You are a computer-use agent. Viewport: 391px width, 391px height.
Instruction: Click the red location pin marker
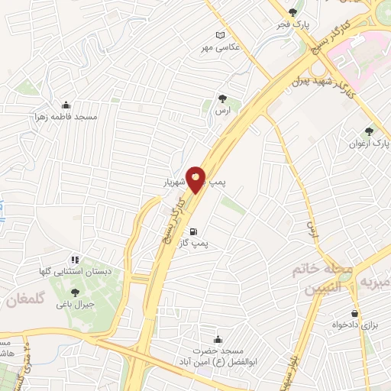point(195,179)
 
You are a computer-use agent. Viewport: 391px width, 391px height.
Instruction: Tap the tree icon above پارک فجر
point(293,11)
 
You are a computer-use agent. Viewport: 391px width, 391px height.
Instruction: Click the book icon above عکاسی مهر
point(221,35)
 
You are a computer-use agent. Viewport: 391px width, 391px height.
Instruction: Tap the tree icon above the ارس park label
point(222,99)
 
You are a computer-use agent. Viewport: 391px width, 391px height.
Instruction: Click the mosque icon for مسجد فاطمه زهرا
point(66,105)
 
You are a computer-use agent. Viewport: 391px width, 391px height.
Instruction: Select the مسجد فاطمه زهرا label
point(66,118)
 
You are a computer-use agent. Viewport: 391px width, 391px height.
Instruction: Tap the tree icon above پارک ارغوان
point(370,131)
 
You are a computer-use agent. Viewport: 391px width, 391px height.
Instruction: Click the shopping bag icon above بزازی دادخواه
point(355,313)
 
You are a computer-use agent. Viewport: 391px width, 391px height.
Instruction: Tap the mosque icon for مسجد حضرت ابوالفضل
point(219,339)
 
